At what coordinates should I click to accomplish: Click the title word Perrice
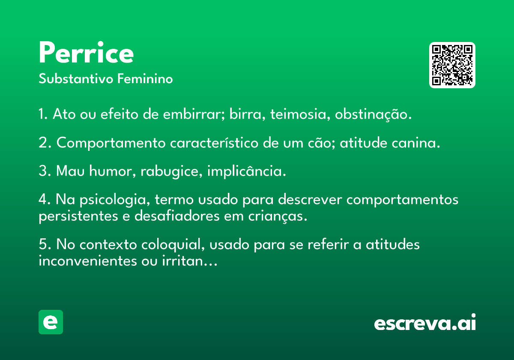(x=86, y=52)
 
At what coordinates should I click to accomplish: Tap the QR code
(x=452, y=65)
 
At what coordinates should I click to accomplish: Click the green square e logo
(x=51, y=322)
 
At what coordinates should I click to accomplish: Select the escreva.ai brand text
(x=425, y=322)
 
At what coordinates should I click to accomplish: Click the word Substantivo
(x=76, y=78)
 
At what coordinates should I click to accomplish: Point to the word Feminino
(x=145, y=78)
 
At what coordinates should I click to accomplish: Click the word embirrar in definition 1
(x=194, y=114)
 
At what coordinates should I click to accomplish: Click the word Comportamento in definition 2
(x=111, y=143)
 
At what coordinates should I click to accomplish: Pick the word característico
(x=214, y=143)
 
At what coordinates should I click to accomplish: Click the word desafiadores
(x=177, y=216)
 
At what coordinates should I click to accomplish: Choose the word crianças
(x=278, y=216)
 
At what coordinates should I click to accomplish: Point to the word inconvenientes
(x=88, y=261)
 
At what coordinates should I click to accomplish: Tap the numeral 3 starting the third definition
(x=43, y=171)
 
